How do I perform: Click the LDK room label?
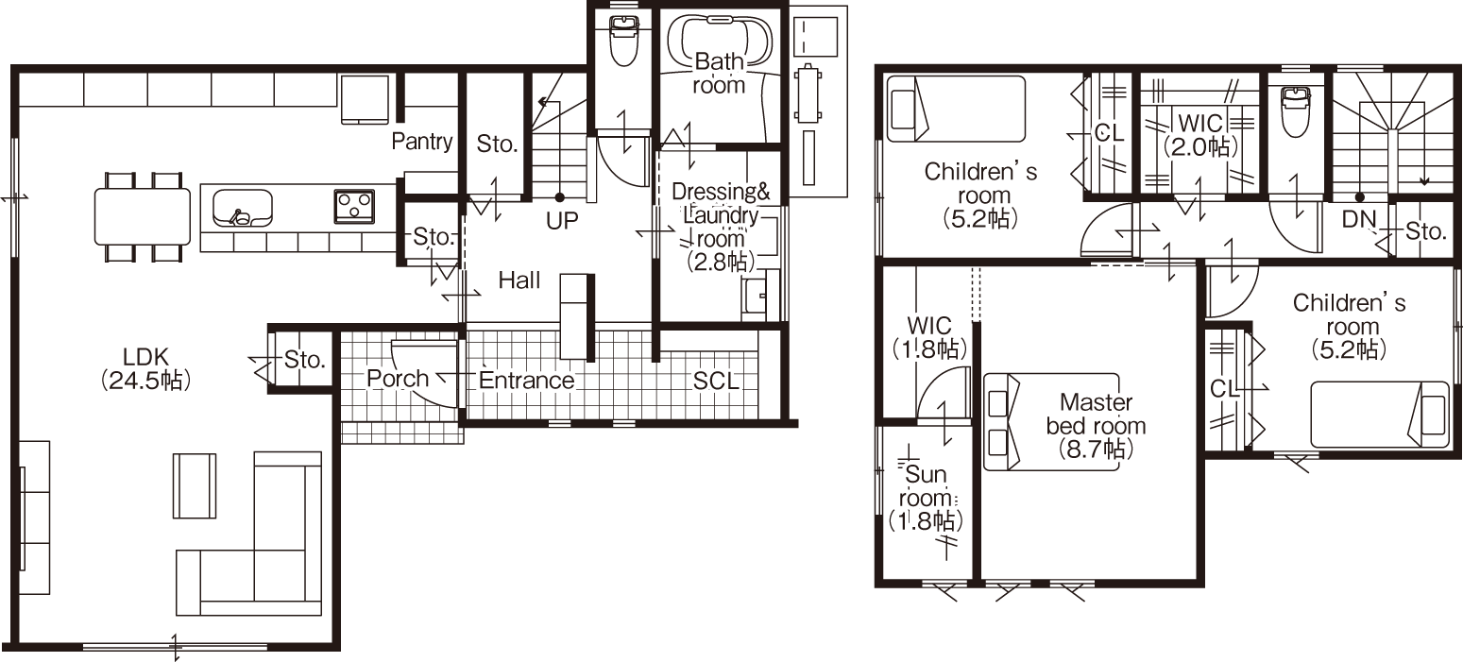pyautogui.click(x=145, y=369)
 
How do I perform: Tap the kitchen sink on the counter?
pyautogui.click(x=243, y=209)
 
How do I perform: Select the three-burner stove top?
pyautogui.click(x=354, y=206)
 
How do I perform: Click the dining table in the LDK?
pyautogui.click(x=143, y=217)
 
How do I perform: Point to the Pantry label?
pyautogui.click(x=422, y=141)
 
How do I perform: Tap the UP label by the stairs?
pyautogui.click(x=562, y=221)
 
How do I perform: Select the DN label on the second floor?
pyautogui.click(x=1359, y=219)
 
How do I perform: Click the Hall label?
pyautogui.click(x=519, y=280)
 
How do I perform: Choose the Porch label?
pyautogui.click(x=397, y=379)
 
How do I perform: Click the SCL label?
pyautogui.click(x=716, y=382)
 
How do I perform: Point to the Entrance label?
pyautogui.click(x=526, y=380)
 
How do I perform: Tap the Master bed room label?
pyautogui.click(x=1096, y=426)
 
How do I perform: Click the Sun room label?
pyautogui.click(x=927, y=498)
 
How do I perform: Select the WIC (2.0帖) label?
pyautogui.click(x=1201, y=135)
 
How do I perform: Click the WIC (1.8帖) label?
pyautogui.click(x=929, y=337)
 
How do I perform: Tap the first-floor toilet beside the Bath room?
pyautogui.click(x=623, y=41)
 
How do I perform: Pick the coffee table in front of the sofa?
pyautogui.click(x=194, y=485)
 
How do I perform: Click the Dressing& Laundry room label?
pyautogui.click(x=721, y=227)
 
